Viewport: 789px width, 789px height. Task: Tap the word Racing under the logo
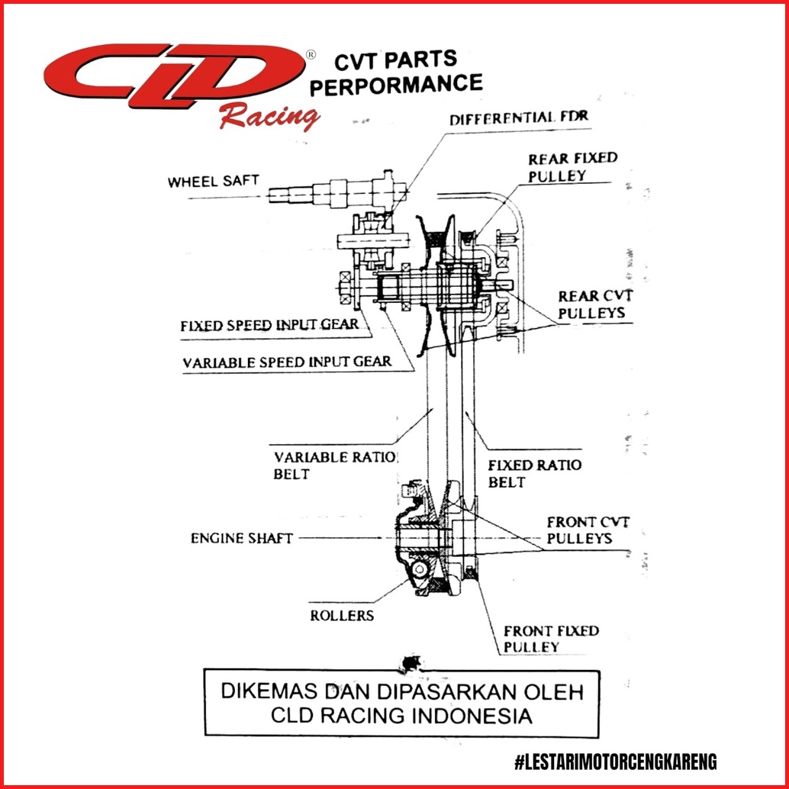point(268,117)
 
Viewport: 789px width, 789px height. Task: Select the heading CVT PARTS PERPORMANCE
point(395,72)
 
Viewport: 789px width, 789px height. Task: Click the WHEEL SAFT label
point(214,182)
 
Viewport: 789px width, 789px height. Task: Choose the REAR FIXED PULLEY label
point(572,166)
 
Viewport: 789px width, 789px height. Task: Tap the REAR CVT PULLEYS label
point(594,304)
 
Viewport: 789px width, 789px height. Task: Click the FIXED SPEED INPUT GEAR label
point(269,325)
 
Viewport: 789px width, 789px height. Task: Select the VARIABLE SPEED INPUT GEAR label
point(287,362)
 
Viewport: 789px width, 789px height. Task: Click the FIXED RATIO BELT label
point(534,473)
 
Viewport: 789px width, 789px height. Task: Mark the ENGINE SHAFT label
point(241,538)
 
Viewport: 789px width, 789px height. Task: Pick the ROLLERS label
point(342,614)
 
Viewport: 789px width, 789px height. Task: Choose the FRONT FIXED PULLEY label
point(551,639)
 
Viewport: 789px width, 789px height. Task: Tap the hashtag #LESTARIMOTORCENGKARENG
point(615,762)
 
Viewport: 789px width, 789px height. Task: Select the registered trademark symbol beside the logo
point(310,55)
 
